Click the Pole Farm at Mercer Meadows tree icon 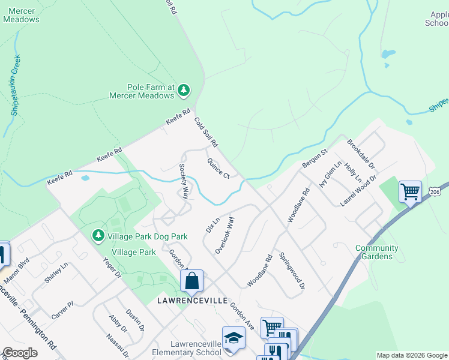tap(184, 91)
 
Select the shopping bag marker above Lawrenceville tap(191, 281)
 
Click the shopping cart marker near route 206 tap(410, 192)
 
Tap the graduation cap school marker tap(234, 338)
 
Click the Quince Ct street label tap(218, 168)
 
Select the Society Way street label tap(184, 181)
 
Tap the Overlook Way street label tap(224, 235)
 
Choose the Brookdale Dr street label tap(361, 154)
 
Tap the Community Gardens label tap(376, 252)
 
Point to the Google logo tap(20, 353)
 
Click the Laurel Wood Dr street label tap(358, 191)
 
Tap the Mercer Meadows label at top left tap(21, 15)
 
